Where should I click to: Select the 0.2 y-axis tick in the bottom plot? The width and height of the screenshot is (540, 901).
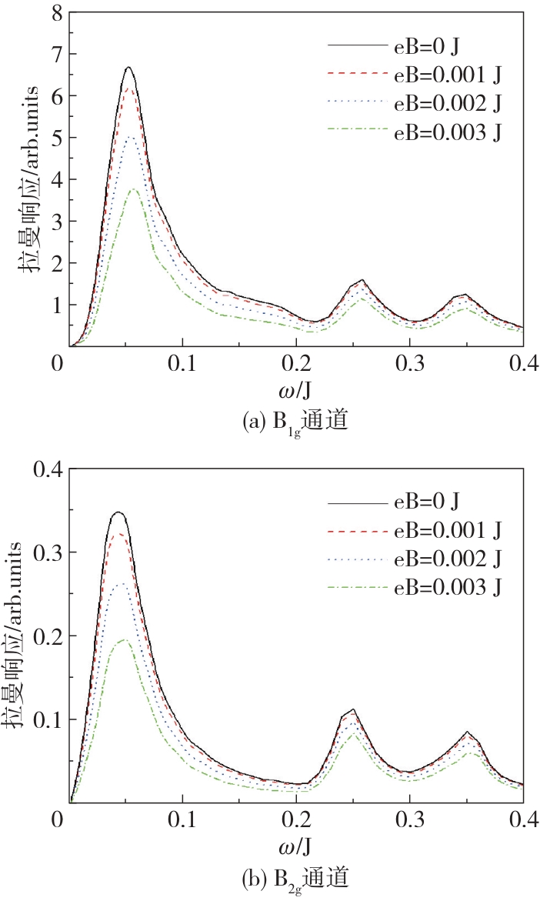[x=46, y=636]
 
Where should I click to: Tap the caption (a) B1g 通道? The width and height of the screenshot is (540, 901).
[x=296, y=421]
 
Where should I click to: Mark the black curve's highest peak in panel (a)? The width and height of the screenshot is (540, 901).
[x=129, y=68]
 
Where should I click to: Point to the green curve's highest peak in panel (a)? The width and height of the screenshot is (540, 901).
[x=133, y=189]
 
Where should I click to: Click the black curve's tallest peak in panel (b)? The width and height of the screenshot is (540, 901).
[x=118, y=512]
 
